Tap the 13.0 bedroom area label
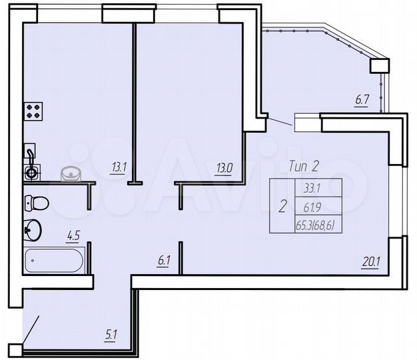point(224,169)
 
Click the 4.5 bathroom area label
point(73,234)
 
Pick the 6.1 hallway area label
point(164,261)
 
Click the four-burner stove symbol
point(34,111)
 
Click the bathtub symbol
point(55,260)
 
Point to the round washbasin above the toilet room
point(71,174)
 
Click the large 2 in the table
point(282,207)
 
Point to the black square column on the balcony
point(378,65)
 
